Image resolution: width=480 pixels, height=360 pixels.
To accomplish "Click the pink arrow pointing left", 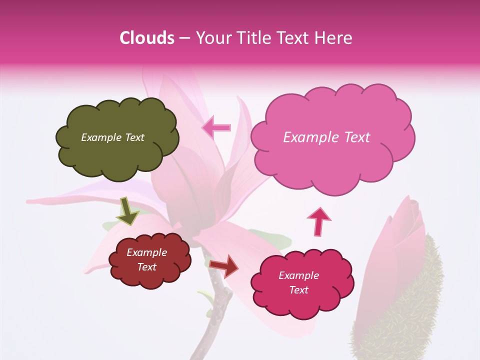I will point(216,128).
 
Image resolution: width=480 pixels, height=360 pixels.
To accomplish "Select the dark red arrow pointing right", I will point(223,265).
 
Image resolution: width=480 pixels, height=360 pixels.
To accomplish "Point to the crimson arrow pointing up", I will point(318,221).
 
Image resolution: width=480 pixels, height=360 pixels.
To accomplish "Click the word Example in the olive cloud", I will point(101,137).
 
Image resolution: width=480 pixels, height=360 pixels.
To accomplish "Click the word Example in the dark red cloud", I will point(147,252).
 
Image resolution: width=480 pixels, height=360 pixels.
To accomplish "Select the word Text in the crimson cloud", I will point(299,290).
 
